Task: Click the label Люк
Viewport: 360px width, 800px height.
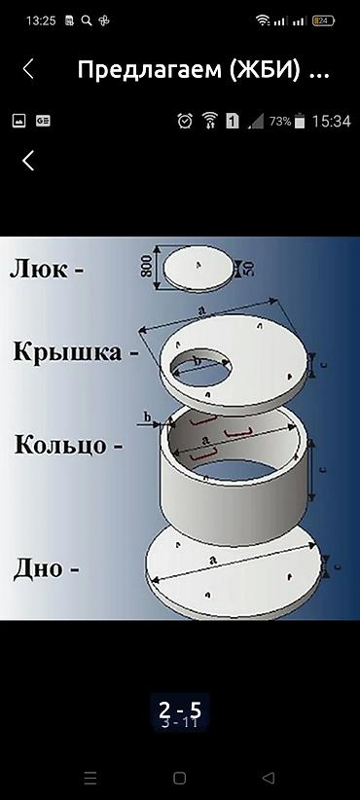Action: pos(46,268)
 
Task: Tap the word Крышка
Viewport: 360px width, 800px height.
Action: pos(75,351)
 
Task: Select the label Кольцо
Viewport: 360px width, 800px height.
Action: pos(67,446)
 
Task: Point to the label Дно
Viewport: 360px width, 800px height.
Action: pos(46,567)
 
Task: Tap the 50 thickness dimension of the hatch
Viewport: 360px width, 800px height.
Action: pos(248,269)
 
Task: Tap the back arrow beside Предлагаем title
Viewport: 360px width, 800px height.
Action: pos(28,69)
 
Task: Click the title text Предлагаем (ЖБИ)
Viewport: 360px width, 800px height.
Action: pos(202,70)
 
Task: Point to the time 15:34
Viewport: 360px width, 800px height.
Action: pos(331,122)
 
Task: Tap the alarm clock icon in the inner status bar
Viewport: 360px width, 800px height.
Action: pos(185,122)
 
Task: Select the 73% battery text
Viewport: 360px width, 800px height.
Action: pos(280,122)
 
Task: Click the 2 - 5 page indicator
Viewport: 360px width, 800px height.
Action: pos(179,709)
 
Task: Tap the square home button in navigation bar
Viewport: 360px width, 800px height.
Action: pos(179,778)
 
